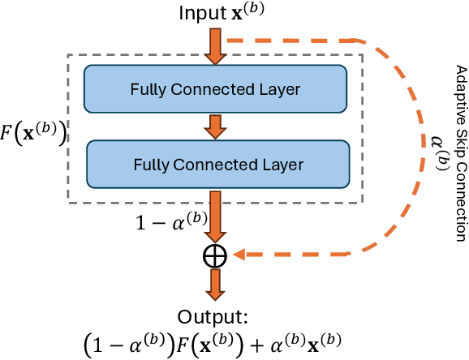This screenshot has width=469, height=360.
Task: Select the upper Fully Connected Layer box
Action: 216,88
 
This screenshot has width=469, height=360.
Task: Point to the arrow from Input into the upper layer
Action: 216,46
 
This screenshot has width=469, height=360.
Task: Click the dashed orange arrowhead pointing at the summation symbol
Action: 241,256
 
